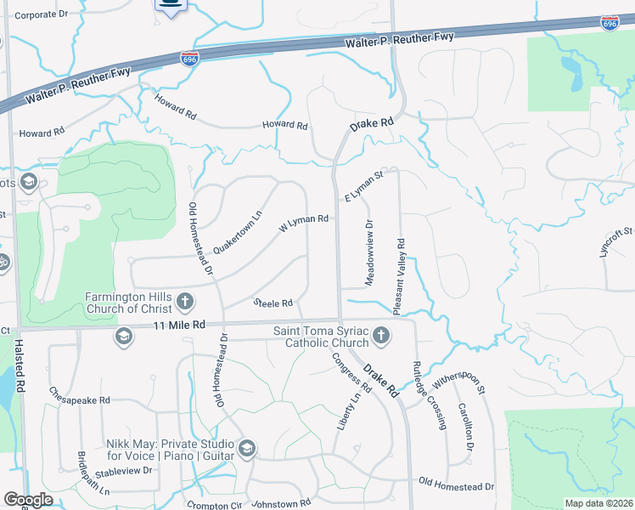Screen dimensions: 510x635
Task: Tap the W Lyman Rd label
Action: (304, 224)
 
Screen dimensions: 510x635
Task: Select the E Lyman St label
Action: (364, 186)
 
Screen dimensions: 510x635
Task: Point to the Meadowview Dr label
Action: (369, 252)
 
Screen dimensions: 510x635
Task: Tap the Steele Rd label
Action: (273, 303)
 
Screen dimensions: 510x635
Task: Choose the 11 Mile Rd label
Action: (180, 325)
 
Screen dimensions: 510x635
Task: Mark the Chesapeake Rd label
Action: (80, 395)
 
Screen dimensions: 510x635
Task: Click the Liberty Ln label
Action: (346, 409)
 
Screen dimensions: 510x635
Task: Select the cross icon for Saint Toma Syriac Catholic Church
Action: (381, 336)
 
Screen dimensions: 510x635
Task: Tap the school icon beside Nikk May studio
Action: (247, 449)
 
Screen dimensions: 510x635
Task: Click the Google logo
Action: (28, 500)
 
